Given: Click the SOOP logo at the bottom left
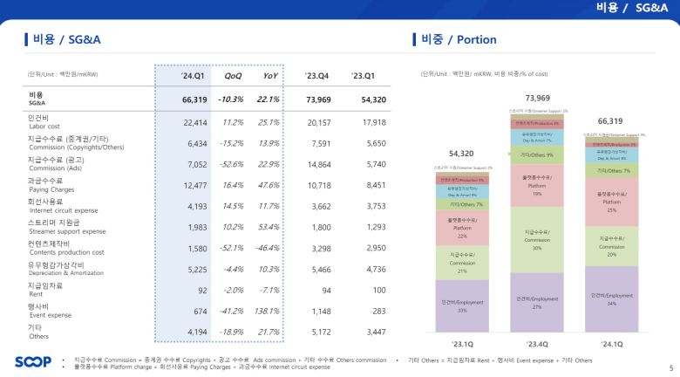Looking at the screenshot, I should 33,362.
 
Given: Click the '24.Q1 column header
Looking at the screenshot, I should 192,76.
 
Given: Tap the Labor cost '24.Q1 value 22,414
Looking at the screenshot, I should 195,123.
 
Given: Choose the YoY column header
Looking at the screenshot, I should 271,76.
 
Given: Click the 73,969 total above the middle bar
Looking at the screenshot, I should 538,98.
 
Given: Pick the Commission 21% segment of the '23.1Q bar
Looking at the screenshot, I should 462,259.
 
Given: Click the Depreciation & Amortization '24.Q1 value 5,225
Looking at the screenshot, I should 195,270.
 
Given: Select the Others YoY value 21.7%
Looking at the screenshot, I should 268,332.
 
